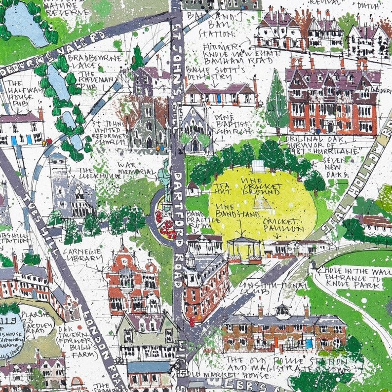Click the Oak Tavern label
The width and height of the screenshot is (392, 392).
[x=72, y=334]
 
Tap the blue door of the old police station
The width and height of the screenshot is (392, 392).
[x=309, y=342]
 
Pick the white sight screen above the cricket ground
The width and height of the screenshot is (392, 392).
[x=258, y=167]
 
